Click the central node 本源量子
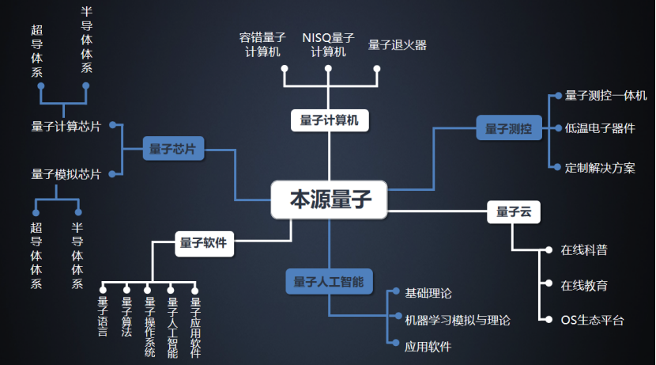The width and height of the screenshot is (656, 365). (330, 200)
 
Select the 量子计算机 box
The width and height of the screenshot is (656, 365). (330, 120)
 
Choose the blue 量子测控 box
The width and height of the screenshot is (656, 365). (508, 128)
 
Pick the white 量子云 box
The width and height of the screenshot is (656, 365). (514, 211)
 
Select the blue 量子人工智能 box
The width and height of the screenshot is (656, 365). (329, 282)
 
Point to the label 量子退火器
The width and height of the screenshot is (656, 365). (398, 45)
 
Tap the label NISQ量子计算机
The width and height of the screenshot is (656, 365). (328, 45)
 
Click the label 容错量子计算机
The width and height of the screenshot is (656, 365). (260, 45)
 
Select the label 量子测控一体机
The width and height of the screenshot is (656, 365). (606, 95)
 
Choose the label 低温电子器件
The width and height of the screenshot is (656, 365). (600, 128)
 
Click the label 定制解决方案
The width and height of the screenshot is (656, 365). (600, 168)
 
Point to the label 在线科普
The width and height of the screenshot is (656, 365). (584, 250)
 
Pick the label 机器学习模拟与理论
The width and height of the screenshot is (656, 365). (458, 321)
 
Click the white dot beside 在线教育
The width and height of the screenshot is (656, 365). (547, 283)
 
